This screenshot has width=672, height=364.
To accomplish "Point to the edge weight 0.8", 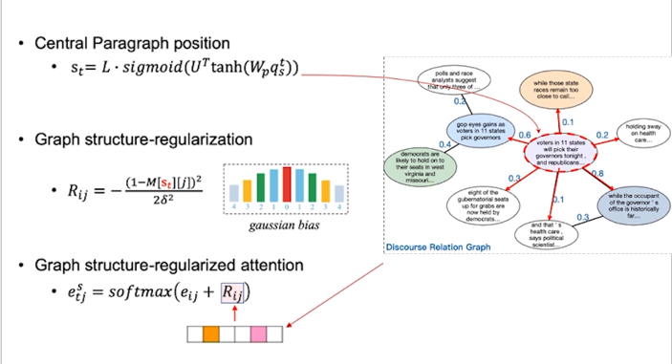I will click(x=598, y=172).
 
